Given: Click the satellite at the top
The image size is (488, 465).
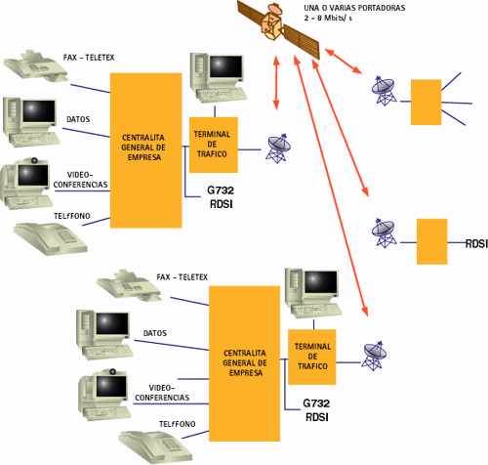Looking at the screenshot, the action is pyautogui.click(x=278, y=29).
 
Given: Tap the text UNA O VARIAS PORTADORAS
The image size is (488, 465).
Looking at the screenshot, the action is pyautogui.click(x=354, y=8).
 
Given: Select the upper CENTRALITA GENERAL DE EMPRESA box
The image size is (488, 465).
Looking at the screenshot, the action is pyautogui.click(x=145, y=150).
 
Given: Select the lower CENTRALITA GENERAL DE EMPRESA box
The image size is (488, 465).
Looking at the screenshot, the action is pyautogui.click(x=244, y=363).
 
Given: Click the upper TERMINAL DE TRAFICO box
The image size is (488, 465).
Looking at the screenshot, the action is pyautogui.click(x=214, y=145).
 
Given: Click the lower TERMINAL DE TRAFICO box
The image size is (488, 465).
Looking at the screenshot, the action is pyautogui.click(x=312, y=357).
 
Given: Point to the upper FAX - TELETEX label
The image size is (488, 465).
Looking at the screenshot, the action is pyautogui.click(x=89, y=58).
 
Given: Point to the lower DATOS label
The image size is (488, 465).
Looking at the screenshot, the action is pyautogui.click(x=155, y=333).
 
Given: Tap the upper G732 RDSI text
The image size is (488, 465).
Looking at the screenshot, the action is pyautogui.click(x=221, y=197).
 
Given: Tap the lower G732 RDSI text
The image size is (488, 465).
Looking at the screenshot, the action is pyautogui.click(x=316, y=410).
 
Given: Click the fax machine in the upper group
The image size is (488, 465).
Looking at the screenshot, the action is pyautogui.click(x=36, y=66).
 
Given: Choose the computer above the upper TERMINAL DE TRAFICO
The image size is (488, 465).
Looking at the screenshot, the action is pyautogui.click(x=218, y=78).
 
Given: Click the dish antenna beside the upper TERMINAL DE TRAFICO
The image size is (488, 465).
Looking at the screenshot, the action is pyautogui.click(x=277, y=148).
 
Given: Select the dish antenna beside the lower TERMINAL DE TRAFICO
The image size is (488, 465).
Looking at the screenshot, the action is pyautogui.click(x=374, y=356).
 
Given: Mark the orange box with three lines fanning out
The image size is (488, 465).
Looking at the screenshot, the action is pyautogui.click(x=427, y=102).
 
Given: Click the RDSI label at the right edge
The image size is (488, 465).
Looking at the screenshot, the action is pyautogui.click(x=476, y=243).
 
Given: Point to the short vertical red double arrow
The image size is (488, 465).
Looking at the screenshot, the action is pyautogui.click(x=276, y=83).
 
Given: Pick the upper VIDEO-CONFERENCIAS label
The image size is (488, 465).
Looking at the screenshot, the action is pyautogui.click(x=80, y=180).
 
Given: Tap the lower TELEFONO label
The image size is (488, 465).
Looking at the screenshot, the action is pyautogui.click(x=178, y=424).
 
